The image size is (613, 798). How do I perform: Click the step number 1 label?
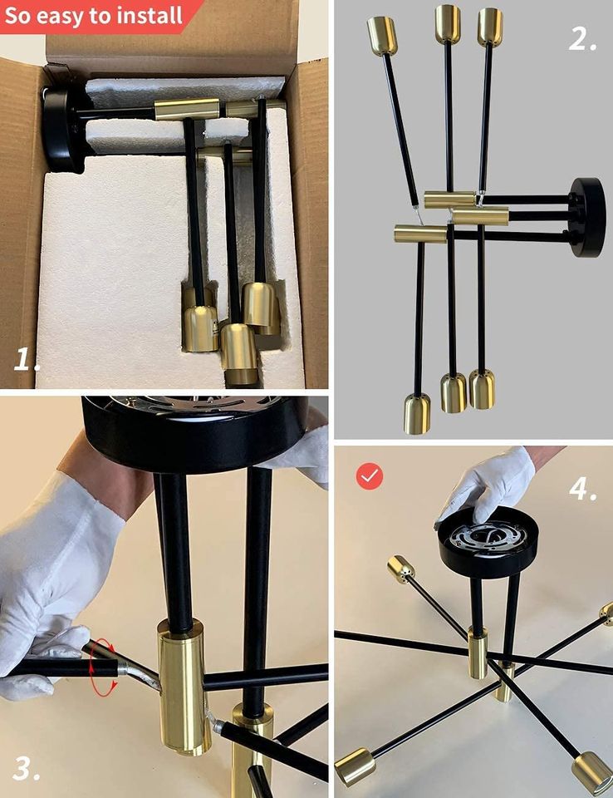coord(27,359)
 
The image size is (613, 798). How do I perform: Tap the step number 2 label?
coord(582,38)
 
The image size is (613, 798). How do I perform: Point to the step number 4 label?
coord(582,489)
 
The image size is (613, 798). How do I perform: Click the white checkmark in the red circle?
coord(370,476)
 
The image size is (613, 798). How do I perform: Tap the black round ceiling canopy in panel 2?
coord(588,217)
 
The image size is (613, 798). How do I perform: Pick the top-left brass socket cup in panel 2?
coord(382,36)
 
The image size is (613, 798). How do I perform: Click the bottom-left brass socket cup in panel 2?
coord(417,414)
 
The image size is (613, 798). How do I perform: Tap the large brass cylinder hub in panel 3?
coord(184,687)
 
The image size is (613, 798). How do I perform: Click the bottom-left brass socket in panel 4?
coord(356,766)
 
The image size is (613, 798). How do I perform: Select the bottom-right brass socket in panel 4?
coord(592,773)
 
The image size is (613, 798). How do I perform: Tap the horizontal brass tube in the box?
coord(187,110)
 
